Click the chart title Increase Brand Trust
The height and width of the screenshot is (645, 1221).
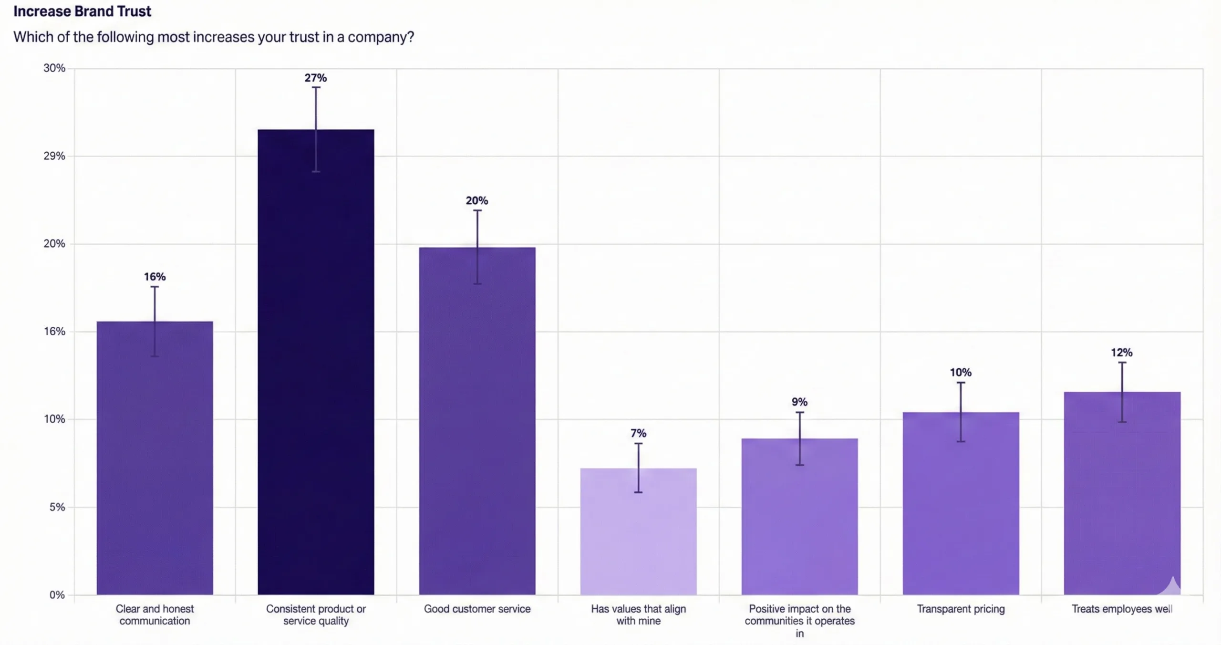point(82,11)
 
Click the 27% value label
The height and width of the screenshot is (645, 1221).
point(316,78)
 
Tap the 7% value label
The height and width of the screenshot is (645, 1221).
point(638,433)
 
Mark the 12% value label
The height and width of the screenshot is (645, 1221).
point(1121,353)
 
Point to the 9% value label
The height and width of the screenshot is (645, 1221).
point(799,402)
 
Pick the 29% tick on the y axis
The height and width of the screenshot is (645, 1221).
point(54,156)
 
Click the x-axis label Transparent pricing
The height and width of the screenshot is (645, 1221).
point(961,609)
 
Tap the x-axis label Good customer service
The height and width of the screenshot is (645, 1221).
point(477,609)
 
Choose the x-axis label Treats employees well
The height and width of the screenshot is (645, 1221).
point(1122,609)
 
